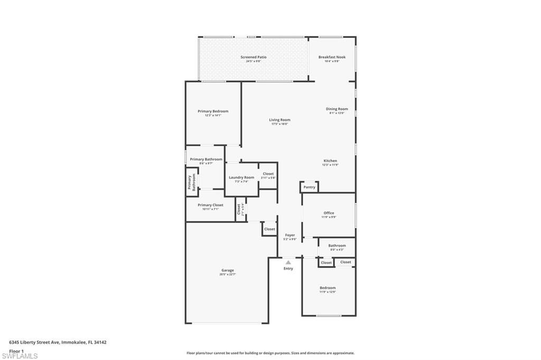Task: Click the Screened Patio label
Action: coord(254,57)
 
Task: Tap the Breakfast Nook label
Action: coord(332,57)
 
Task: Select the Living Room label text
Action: coord(279,120)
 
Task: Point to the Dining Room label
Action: coord(337,109)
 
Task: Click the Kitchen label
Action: coord(330,160)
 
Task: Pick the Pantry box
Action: coord(309,187)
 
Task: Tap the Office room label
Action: coord(329,213)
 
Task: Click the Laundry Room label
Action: coord(241,177)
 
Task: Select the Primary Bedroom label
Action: coord(213,111)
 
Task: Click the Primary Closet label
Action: coord(210,205)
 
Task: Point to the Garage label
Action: coord(227,270)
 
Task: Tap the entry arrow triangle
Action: coord(288,262)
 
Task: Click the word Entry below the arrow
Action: coord(288,269)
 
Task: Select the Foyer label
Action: coord(290,235)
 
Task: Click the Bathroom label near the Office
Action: coord(337,245)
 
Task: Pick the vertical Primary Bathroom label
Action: coord(191,183)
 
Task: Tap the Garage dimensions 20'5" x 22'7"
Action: coord(227,274)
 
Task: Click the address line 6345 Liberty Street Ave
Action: coord(58,342)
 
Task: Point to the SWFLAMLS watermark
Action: coord(20,356)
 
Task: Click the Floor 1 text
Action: coord(16,350)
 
